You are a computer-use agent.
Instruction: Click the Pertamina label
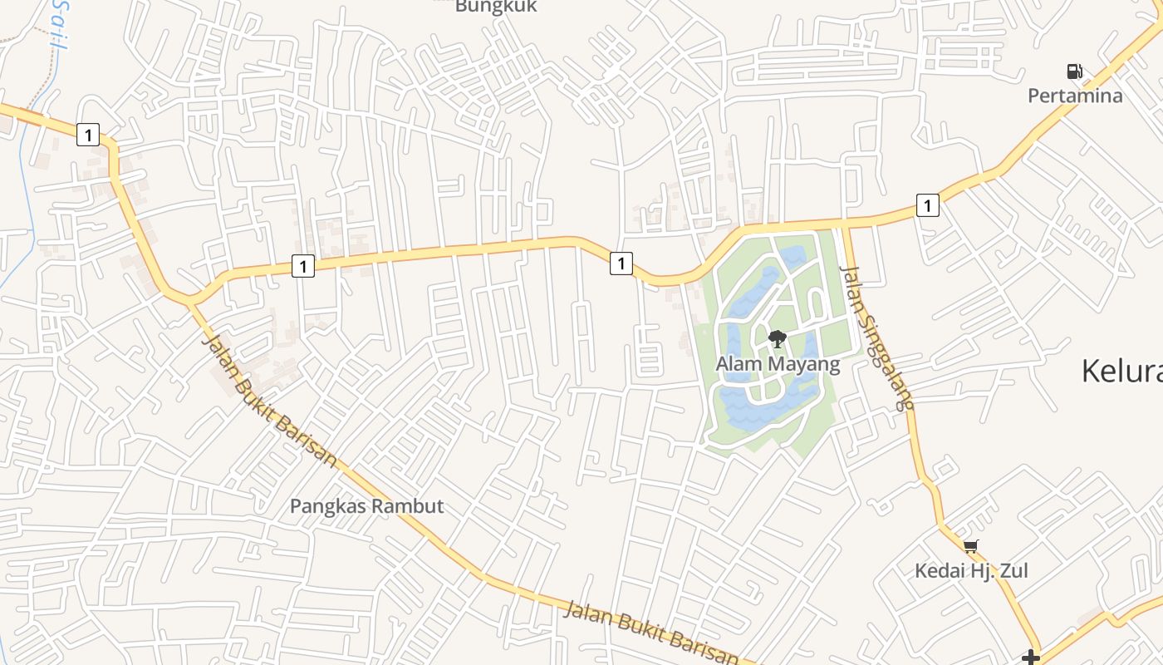click(x=1075, y=96)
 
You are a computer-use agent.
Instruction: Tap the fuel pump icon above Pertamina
click(x=1075, y=71)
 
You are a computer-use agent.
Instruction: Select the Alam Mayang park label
click(x=778, y=364)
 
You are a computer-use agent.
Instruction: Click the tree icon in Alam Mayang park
click(x=778, y=338)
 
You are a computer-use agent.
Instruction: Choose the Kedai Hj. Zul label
click(x=971, y=571)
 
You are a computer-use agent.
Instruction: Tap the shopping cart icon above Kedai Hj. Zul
click(x=971, y=546)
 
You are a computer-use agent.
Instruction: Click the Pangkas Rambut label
click(x=366, y=505)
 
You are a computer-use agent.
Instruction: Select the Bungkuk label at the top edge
click(x=496, y=7)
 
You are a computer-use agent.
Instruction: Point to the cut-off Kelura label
click(x=1121, y=371)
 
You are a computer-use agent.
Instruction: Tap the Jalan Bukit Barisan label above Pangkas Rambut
click(x=270, y=400)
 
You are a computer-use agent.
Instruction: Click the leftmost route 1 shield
click(x=88, y=134)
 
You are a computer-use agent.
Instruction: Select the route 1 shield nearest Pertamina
click(x=928, y=204)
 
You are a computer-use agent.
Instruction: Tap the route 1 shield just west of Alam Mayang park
click(x=621, y=264)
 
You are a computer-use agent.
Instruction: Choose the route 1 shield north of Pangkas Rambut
click(x=303, y=266)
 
